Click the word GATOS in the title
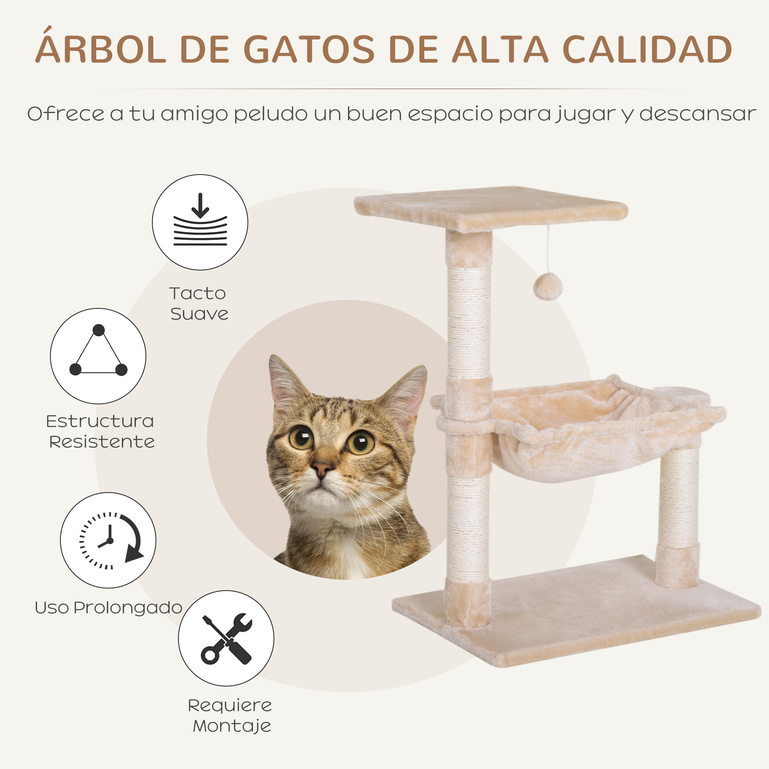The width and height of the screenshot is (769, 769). coord(309,49)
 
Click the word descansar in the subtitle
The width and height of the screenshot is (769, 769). coord(697,114)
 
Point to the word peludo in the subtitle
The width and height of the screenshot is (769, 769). coord(271,114)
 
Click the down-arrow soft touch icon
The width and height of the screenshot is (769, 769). coord(200,222)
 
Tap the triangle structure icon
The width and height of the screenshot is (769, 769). coord(98,356)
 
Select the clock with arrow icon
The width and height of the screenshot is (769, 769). coord(108,540)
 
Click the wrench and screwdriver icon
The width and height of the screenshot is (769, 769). coord(226,638)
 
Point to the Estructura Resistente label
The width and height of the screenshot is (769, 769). coord(100,431)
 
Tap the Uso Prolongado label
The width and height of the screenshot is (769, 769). coord(108,608)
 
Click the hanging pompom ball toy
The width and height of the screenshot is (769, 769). coord(548,286)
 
